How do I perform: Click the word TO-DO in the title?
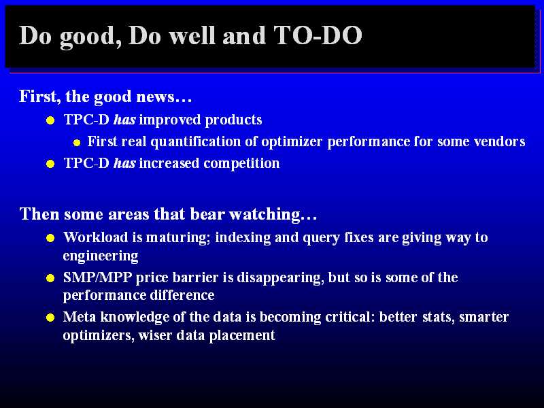318,35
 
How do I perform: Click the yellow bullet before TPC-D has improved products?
50,120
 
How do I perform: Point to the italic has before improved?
124,120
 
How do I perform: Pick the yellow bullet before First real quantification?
77,143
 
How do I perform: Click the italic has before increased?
124,163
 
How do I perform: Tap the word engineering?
101,256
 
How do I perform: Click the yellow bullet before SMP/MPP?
50,278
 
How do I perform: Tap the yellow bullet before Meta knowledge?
50,318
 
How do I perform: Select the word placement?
242,335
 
